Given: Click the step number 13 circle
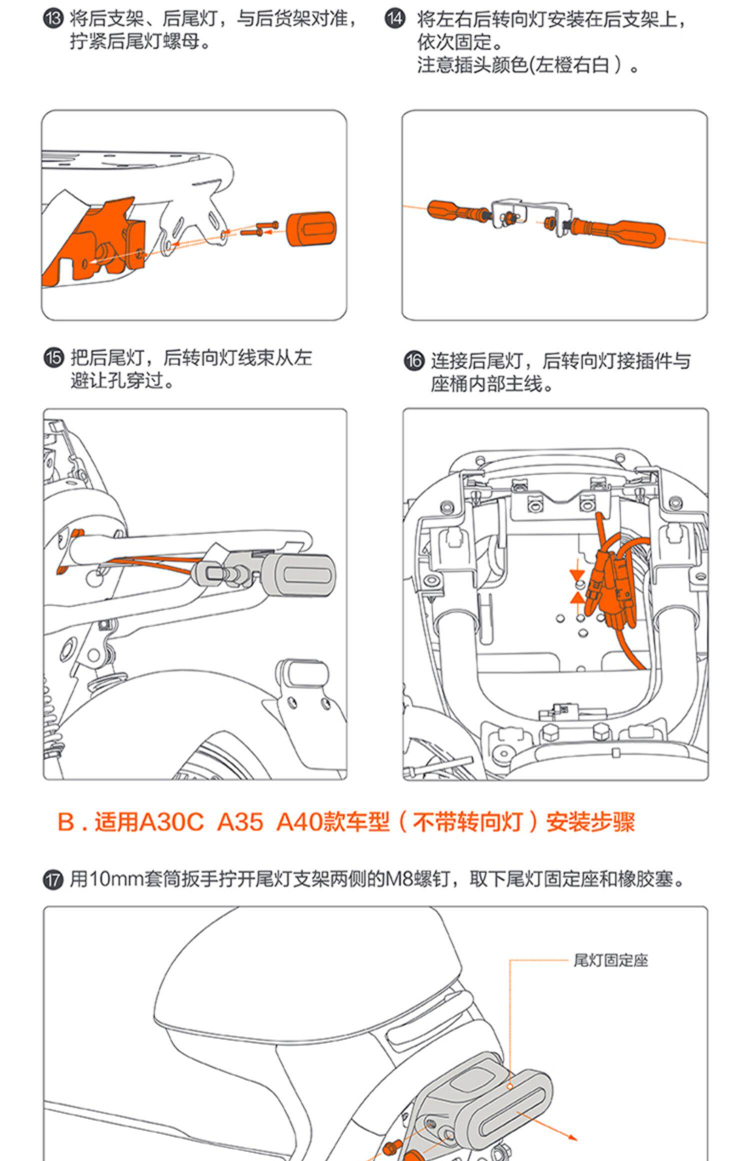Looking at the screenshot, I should [53, 19].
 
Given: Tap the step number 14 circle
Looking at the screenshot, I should [395, 19].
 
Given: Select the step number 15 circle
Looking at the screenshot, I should [53, 358].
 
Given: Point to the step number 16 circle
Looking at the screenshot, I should [413, 360].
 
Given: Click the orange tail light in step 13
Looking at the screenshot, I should [310, 229].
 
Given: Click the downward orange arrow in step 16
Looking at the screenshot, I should [577, 575].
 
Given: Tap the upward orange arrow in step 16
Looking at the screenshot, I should [577, 598].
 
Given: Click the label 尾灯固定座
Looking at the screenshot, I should [610, 960].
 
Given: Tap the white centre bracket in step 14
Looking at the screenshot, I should [530, 212].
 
